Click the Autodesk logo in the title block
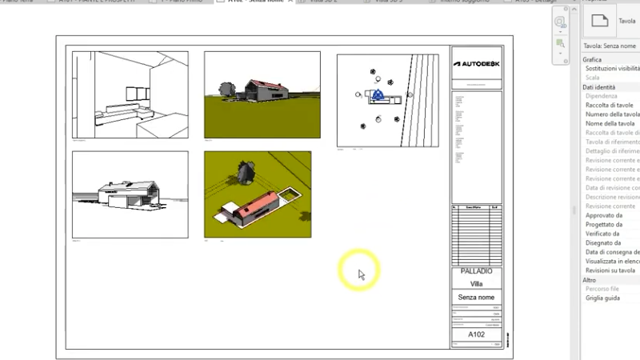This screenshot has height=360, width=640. pyautogui.click(x=477, y=63)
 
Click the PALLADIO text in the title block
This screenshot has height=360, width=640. pyautogui.click(x=477, y=272)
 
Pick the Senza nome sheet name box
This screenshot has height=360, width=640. pyautogui.click(x=477, y=297)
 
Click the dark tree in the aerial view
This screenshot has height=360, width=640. pyautogui.click(x=246, y=170)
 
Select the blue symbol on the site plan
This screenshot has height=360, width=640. pyautogui.click(x=378, y=95)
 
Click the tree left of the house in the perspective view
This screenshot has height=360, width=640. pyautogui.click(x=226, y=89)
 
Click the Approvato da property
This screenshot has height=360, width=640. pyautogui.click(x=603, y=215)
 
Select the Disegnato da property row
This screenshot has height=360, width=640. pyautogui.click(x=603, y=243)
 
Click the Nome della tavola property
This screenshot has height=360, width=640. pyautogui.click(x=610, y=124)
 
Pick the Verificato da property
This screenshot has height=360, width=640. pyautogui.click(x=603, y=234)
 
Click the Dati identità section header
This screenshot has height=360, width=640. pyautogui.click(x=599, y=87)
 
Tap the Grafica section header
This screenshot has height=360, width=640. pyautogui.click(x=592, y=60)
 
